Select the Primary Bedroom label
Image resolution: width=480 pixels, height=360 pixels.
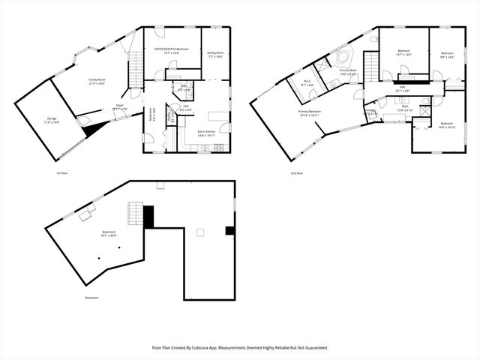(x=310, y=113)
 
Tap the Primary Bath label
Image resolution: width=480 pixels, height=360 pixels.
(x=347, y=73)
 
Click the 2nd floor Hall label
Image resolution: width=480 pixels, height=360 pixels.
(x=402, y=91)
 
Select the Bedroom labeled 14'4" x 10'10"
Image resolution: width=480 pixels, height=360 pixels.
(x=446, y=125)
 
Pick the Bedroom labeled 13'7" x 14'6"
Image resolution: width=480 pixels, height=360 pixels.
(x=403, y=54)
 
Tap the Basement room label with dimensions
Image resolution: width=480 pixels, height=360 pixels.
(x=109, y=234)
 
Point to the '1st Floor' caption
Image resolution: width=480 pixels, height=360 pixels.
(x=64, y=173)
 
